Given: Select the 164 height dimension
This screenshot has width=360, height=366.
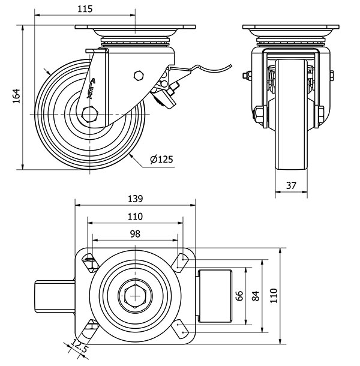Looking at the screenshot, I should [17, 96].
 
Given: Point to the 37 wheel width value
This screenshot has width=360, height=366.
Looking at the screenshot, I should [291, 185].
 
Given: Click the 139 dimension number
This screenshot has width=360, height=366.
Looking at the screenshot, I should [136, 199].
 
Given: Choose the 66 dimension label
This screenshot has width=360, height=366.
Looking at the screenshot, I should [239, 295].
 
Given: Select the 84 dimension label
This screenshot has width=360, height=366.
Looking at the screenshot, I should [256, 295].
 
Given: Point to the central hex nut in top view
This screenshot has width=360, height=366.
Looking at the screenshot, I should [133, 295].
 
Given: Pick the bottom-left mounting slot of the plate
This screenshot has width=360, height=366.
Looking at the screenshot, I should [91, 328].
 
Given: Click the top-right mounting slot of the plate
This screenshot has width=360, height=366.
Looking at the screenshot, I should [181, 260].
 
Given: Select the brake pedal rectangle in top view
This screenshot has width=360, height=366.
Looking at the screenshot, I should [215, 295].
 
